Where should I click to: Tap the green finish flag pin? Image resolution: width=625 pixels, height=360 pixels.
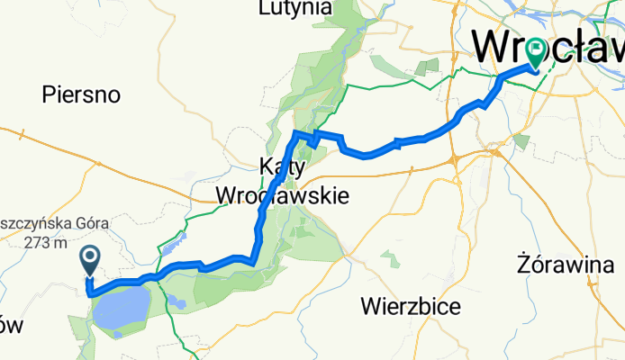coord(535,51)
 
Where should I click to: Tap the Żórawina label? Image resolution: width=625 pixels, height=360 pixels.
coord(563,265)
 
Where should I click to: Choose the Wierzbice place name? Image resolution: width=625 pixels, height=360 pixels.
coord(412,306)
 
